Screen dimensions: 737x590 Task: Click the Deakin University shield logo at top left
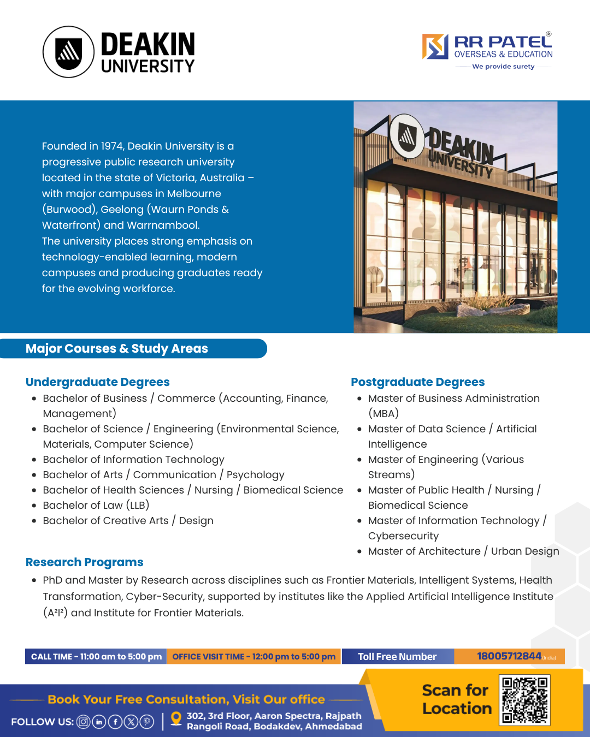(x=69, y=52)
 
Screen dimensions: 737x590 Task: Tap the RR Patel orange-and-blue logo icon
(x=435, y=46)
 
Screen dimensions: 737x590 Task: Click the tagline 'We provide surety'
(x=503, y=67)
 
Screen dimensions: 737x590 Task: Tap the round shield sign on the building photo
(x=406, y=135)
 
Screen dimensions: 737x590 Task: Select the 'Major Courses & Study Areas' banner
(x=117, y=348)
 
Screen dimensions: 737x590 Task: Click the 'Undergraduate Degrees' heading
(x=98, y=382)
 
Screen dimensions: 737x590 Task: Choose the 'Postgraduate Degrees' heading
(x=418, y=382)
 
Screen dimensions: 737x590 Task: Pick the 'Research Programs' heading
(x=85, y=562)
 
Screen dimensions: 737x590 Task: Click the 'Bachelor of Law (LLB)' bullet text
(x=96, y=506)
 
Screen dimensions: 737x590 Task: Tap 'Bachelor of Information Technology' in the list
(x=134, y=460)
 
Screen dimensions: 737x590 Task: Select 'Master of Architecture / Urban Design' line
(x=463, y=551)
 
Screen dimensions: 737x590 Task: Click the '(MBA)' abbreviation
(x=383, y=414)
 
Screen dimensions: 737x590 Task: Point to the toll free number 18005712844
(x=509, y=656)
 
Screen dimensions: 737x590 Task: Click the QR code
(x=524, y=700)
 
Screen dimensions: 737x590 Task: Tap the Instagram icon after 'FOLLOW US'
(x=83, y=722)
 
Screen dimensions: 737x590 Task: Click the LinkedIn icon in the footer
(x=99, y=722)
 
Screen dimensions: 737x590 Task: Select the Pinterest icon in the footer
(x=147, y=722)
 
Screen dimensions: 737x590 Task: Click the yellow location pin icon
(x=176, y=719)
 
